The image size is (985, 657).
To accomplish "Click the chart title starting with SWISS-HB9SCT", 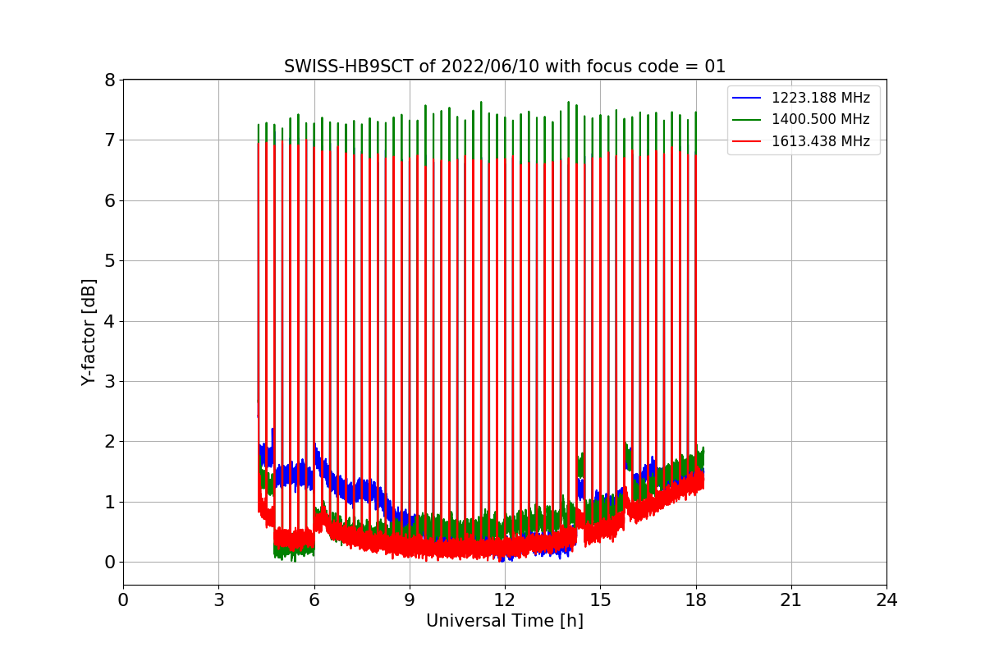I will [x=505, y=67].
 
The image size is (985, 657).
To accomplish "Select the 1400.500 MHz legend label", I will [x=820, y=119].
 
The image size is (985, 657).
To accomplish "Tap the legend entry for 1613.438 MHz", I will [x=820, y=141].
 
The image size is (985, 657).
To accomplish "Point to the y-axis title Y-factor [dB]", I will [x=89, y=333].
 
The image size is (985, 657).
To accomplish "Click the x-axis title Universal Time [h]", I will [x=504, y=621].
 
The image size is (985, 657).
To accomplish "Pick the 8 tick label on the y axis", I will [x=108, y=80].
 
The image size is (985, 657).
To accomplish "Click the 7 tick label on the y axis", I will [x=108, y=140].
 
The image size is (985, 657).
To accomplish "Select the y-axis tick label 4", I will [x=108, y=321].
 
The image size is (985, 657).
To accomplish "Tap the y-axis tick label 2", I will [x=108, y=442].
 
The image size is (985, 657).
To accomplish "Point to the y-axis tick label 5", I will [x=108, y=261].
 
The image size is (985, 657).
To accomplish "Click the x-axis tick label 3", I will [x=218, y=600].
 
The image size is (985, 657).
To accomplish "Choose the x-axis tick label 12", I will [x=505, y=600].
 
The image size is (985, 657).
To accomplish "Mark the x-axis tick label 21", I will [x=790, y=600].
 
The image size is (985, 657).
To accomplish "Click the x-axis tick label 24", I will [x=886, y=600].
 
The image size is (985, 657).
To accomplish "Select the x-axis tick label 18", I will [x=695, y=600].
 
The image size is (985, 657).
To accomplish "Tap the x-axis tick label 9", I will [x=409, y=600].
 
